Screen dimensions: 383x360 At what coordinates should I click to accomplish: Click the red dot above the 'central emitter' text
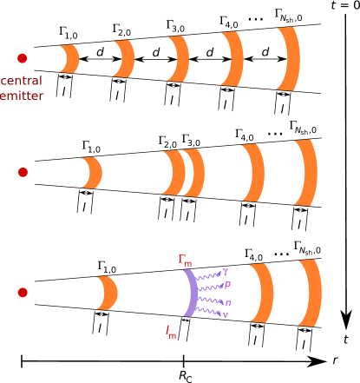coord(23,58)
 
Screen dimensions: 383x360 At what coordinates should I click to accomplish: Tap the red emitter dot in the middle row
coord(23,172)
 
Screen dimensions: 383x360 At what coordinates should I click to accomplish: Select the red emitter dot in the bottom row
coord(23,293)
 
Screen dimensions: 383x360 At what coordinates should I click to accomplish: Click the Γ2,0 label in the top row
coord(121,31)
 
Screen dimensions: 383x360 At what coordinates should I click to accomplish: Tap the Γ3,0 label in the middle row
coord(191,139)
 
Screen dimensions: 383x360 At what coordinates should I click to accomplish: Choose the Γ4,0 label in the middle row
coord(244,135)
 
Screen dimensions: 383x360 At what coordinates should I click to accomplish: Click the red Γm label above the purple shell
coord(186,259)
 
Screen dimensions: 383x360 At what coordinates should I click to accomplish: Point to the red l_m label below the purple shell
coord(171,331)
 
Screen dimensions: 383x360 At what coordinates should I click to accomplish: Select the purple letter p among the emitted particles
coord(227,284)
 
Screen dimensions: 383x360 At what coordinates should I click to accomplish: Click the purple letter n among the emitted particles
coord(228,301)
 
